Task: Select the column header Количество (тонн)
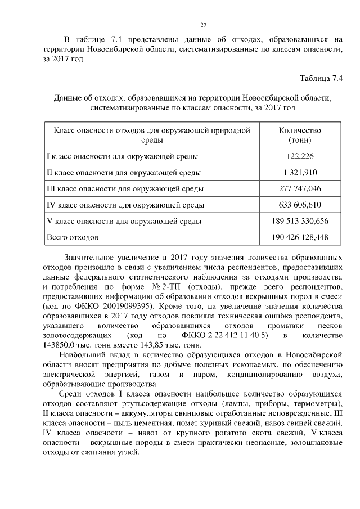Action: (300, 135)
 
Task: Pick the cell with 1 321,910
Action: (300, 173)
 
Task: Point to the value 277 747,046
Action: (300, 189)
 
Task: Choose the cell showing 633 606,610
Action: (300, 205)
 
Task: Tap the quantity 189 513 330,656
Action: (300, 221)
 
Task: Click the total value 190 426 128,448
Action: (300, 237)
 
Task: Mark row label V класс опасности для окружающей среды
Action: (124, 221)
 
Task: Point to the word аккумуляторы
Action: (122, 414)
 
